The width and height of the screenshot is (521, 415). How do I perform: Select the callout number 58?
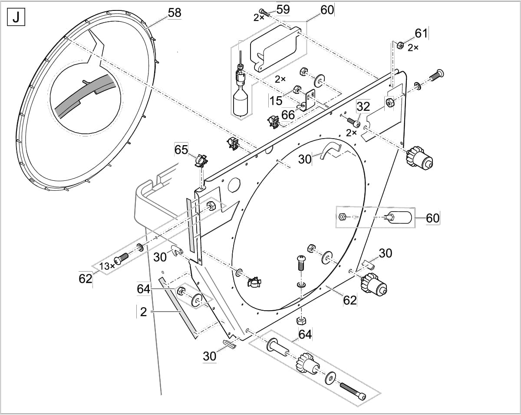[175, 13]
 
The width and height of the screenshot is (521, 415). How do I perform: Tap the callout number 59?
[283, 10]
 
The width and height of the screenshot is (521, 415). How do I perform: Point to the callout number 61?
[421, 33]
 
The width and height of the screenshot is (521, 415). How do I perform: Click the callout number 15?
[276, 101]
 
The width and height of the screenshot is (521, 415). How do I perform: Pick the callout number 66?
[288, 115]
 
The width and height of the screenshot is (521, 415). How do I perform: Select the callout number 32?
[363, 106]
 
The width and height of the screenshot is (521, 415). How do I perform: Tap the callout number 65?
[181, 150]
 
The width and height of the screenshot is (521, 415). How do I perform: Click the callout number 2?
[143, 311]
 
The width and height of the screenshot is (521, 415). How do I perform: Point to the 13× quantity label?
[106, 266]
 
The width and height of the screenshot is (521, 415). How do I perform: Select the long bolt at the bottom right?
[352, 391]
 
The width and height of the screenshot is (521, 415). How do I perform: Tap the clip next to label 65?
[200, 161]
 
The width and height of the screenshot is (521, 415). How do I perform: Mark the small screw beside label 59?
[264, 12]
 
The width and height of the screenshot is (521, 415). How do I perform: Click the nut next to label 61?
[400, 45]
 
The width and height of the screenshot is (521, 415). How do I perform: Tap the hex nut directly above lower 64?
[300, 321]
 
